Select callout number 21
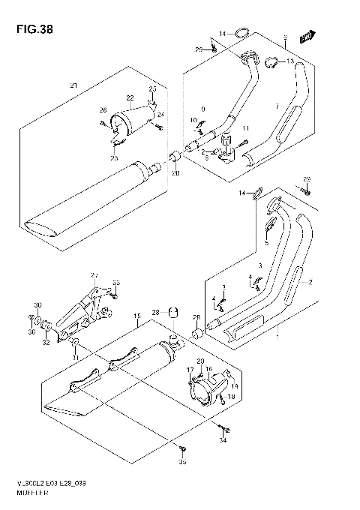click(x=73, y=83)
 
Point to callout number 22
click(x=129, y=98)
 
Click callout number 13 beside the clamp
click(x=290, y=61)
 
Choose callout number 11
click(x=244, y=128)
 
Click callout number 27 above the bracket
click(x=94, y=274)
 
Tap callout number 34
click(x=222, y=441)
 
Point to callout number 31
click(x=75, y=357)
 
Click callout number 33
click(x=115, y=283)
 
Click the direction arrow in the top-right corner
click(x=305, y=35)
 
